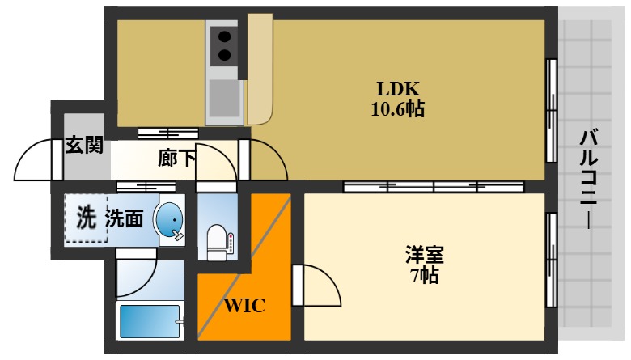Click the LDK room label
(x=398, y=88)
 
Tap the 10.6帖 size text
(x=397, y=108)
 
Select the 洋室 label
(x=425, y=255)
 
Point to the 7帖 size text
(x=425, y=275)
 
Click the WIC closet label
(x=244, y=306)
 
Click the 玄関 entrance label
(x=84, y=145)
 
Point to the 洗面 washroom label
(x=125, y=218)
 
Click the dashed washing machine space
(x=86, y=218)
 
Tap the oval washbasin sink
(x=169, y=220)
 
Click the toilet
(x=218, y=243)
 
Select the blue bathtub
(x=150, y=321)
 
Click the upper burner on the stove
(x=224, y=36)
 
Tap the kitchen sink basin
(x=225, y=98)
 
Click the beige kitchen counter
(x=260, y=70)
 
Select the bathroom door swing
(x=136, y=275)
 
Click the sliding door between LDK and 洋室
(x=434, y=187)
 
